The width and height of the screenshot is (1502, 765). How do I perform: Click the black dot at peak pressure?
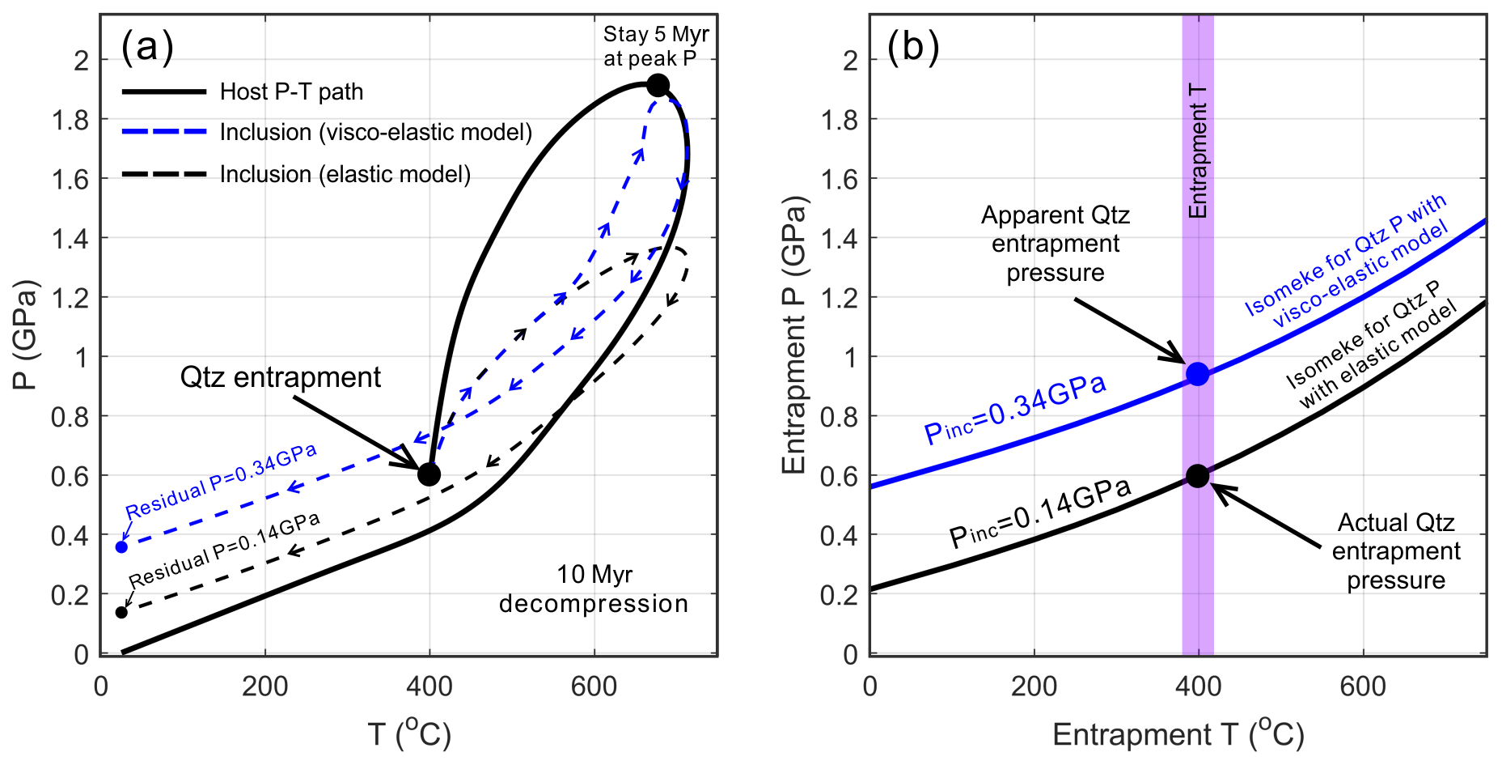tap(658, 85)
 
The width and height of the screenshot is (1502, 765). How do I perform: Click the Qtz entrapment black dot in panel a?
tap(429, 474)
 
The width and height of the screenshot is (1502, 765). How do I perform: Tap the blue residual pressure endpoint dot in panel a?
tap(121, 547)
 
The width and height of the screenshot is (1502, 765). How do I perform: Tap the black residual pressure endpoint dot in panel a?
tap(121, 612)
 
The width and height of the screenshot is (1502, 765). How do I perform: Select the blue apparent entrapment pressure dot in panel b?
tap(1198, 374)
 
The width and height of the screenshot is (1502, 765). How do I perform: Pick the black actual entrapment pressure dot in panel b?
tap(1198, 476)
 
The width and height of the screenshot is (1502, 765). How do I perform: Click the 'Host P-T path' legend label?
tap(291, 91)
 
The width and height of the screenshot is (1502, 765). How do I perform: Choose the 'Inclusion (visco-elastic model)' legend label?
tap(376, 132)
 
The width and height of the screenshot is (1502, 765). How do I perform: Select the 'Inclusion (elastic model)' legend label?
tap(345, 174)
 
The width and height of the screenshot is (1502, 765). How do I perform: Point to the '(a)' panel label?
tap(147, 46)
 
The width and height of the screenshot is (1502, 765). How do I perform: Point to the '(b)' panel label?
tap(913, 46)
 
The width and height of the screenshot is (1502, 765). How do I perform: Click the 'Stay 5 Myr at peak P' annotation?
tap(655, 46)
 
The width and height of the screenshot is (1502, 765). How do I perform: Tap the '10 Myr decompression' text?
tap(594, 589)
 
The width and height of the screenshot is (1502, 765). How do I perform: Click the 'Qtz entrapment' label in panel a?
tap(280, 377)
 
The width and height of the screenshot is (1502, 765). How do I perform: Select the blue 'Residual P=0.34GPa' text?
tap(221, 482)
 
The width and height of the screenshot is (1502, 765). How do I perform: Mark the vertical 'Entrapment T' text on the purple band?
tap(1198, 151)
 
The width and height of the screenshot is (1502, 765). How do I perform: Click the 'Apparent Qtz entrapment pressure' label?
tap(1055, 244)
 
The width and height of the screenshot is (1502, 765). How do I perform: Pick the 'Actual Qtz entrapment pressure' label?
tap(1395, 551)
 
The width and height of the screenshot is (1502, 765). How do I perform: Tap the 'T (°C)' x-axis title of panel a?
tap(409, 733)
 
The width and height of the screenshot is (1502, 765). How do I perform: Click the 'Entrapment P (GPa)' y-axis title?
tap(795, 334)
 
